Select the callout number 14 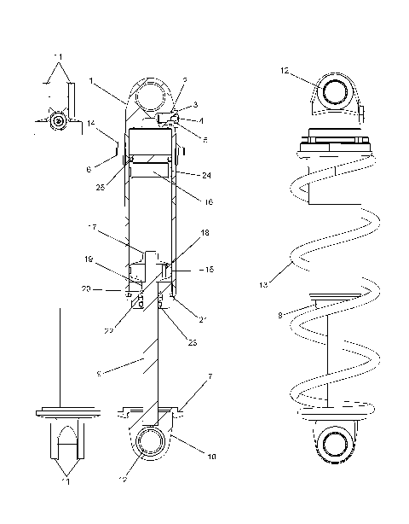pos(91,125)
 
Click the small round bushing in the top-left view pos(57,121)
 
